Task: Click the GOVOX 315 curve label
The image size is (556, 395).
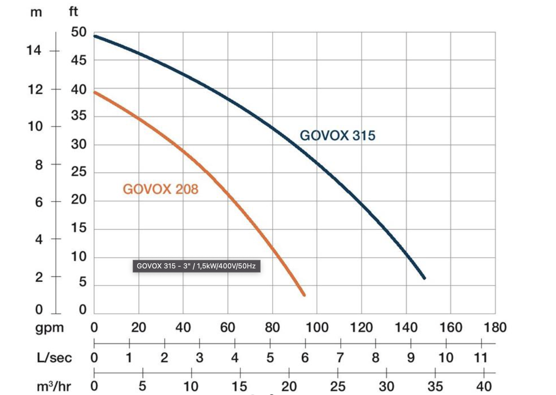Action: click(337, 135)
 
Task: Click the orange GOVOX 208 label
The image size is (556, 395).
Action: click(161, 189)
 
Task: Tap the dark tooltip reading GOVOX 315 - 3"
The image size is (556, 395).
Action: click(196, 266)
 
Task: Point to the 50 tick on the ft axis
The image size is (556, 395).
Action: click(79, 32)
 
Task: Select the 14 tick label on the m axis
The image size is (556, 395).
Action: click(34, 50)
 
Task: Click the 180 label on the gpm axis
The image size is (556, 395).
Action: click(495, 327)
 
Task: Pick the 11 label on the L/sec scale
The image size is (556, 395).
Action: click(480, 358)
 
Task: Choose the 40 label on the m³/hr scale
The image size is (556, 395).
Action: click(484, 386)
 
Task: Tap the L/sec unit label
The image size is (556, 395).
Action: click(54, 358)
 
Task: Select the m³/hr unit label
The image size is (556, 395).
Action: click(54, 386)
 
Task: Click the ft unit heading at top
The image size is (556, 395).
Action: click(73, 12)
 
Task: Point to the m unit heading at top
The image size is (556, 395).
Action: click(36, 12)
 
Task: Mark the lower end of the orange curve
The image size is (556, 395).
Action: click(304, 295)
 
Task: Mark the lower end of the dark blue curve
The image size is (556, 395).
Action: click(424, 278)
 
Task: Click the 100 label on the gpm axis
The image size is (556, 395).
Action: click(317, 327)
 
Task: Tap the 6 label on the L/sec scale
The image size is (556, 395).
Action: click(305, 358)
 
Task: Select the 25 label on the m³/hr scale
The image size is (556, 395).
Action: click(338, 386)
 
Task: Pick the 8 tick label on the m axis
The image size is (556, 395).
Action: click(39, 165)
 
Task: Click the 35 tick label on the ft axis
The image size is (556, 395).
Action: click(79, 116)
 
